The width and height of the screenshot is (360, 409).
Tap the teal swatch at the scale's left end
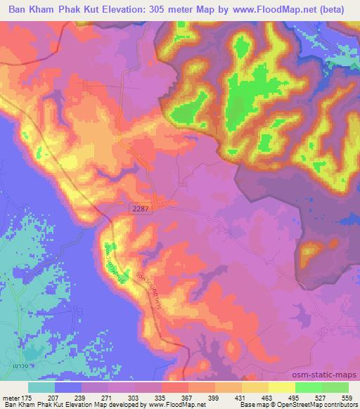[41, 387]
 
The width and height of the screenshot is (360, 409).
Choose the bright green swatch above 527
[308, 387]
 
